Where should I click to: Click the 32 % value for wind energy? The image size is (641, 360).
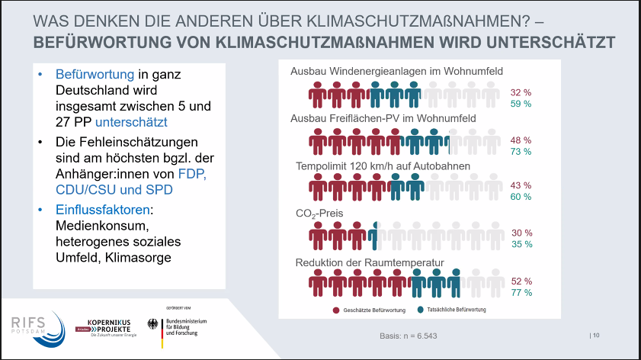(521, 92)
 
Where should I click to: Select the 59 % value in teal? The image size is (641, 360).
(521, 104)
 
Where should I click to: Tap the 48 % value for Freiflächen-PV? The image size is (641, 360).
(521, 140)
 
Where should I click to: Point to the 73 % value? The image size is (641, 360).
(521, 152)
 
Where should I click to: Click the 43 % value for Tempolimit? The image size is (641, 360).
(521, 185)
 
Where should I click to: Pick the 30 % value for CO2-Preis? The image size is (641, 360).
(521, 233)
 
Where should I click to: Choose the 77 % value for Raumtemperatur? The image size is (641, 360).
(521, 292)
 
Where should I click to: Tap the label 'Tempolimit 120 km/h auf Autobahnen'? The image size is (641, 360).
(383, 166)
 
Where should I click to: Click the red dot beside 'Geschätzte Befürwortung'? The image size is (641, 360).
(335, 310)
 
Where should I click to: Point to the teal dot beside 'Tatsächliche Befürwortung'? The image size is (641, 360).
(421, 310)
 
